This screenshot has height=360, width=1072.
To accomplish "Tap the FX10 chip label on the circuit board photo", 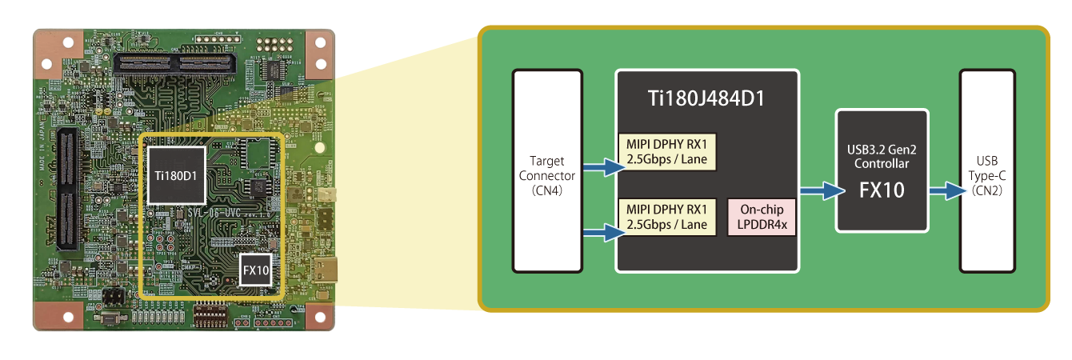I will point(256,271).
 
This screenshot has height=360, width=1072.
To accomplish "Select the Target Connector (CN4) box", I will point(547,170).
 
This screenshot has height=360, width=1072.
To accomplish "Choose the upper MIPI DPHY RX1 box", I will point(667,150).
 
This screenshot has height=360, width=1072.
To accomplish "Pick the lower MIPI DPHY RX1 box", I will point(667,217).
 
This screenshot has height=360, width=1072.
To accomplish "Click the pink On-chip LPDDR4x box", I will point(762,216).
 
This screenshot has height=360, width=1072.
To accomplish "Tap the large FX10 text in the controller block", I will point(882,191).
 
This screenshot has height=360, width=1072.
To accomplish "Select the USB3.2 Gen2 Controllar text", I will point(882,156).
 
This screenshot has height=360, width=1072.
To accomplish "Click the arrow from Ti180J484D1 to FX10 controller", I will point(818,191).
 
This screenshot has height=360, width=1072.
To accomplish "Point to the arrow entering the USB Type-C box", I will point(944,191).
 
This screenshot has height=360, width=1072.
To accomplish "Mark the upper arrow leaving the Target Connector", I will point(601,167).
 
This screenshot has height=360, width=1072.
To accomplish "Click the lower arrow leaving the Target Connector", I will point(601,232).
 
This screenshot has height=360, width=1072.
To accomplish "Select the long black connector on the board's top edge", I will point(175,62).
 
